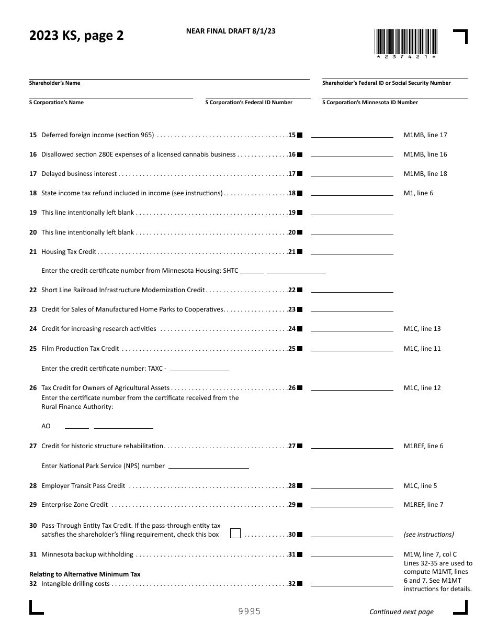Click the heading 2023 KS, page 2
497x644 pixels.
click(x=76, y=36)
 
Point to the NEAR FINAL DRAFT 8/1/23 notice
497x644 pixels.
click(x=231, y=31)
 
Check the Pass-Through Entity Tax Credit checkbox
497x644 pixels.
click(x=235, y=534)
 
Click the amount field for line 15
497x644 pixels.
click(x=352, y=134)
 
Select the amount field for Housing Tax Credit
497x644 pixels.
click(x=352, y=250)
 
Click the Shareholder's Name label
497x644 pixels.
click(x=55, y=83)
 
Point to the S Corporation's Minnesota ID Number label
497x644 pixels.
click(x=370, y=103)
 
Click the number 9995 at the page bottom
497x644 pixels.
click(x=250, y=612)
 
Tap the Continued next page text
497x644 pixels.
click(x=401, y=612)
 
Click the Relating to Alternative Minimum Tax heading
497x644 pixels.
click(x=85, y=574)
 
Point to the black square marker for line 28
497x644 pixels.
click(x=300, y=486)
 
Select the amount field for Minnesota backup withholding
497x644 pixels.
click(x=352, y=553)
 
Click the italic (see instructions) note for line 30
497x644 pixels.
click(x=428, y=535)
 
